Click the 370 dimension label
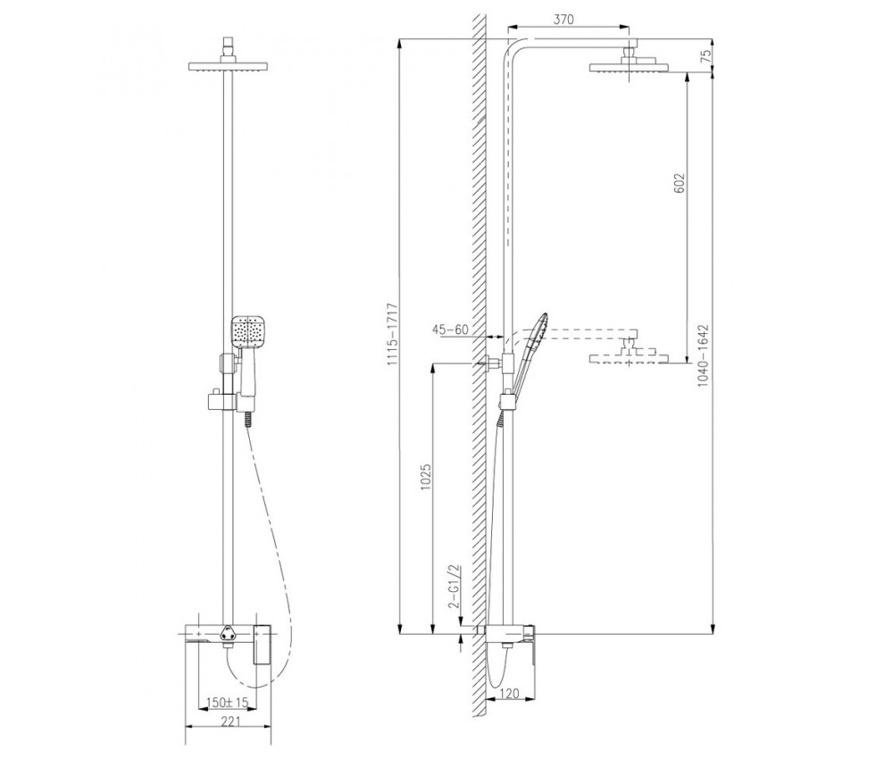click(563, 20)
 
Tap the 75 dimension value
click(706, 56)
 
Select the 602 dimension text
click(680, 183)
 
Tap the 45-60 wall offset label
click(450, 329)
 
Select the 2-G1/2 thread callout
click(454, 588)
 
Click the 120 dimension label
click(510, 693)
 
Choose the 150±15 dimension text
click(228, 703)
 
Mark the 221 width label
click(230, 721)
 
